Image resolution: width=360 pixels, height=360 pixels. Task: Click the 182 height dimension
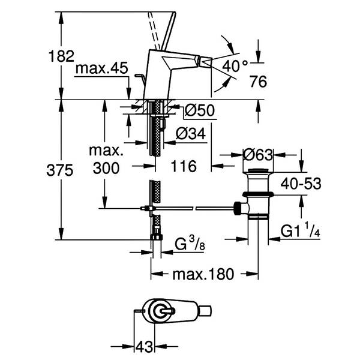click(61, 56)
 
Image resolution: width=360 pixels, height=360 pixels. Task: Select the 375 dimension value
click(60, 170)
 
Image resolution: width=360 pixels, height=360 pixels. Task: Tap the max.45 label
click(102, 68)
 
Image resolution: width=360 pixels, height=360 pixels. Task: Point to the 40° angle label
click(235, 66)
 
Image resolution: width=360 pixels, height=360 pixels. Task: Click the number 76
click(259, 81)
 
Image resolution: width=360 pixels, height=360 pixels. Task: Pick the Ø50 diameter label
click(200, 110)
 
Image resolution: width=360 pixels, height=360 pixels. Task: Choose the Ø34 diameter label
click(191, 134)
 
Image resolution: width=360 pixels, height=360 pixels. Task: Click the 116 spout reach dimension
click(184, 166)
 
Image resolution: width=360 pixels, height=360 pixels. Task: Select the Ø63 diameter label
click(258, 155)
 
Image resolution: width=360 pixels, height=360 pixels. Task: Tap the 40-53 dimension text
click(301, 184)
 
